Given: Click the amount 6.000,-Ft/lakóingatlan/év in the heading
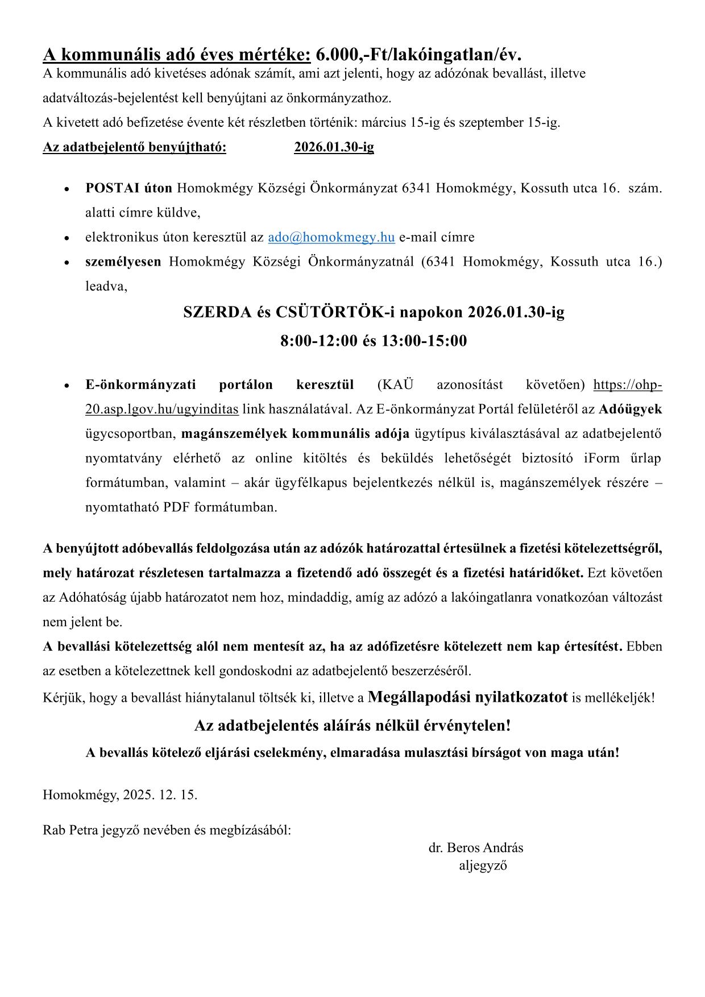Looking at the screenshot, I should pyautogui.click(x=418, y=55).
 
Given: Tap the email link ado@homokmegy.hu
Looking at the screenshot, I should pyautogui.click(x=331, y=237).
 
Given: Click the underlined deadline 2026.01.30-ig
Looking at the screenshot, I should pyautogui.click(x=334, y=147).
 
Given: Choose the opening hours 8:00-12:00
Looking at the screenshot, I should pyautogui.click(x=319, y=341).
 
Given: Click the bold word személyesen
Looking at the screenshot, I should pyautogui.click(x=123, y=262).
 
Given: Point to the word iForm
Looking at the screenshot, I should pyautogui.click(x=601, y=458).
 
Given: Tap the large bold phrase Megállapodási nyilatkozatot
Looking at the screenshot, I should pyautogui.click(x=468, y=697).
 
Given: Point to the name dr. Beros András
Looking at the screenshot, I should pyautogui.click(x=476, y=847).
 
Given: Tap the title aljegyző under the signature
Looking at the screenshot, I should pyautogui.click(x=483, y=866).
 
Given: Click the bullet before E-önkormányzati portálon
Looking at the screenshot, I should pyautogui.click(x=67, y=386).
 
